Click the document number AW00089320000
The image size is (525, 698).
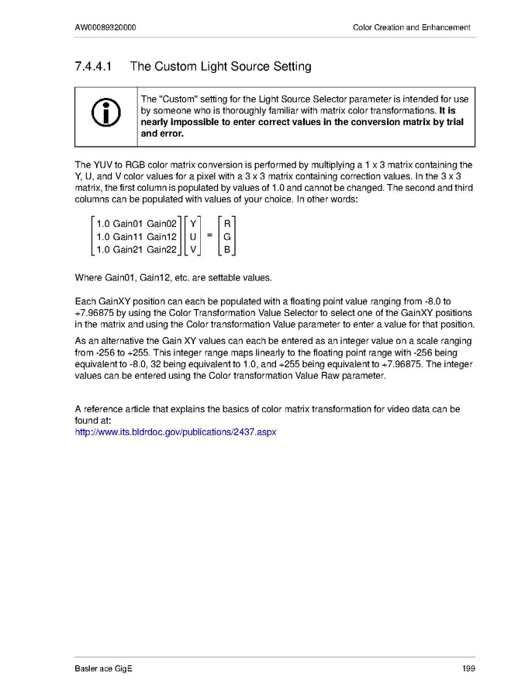point(108,28)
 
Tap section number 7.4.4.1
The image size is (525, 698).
point(95,67)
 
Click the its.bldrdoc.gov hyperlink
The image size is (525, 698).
point(175,430)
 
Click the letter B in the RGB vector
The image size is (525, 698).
point(227,250)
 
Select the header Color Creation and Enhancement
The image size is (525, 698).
point(411,28)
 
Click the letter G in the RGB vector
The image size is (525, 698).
point(227,237)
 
